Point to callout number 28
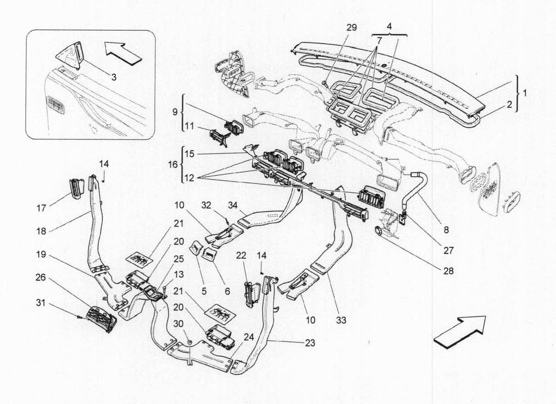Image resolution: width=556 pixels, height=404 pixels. coord(449,271)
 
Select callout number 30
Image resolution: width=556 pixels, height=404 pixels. coord(178,323)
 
